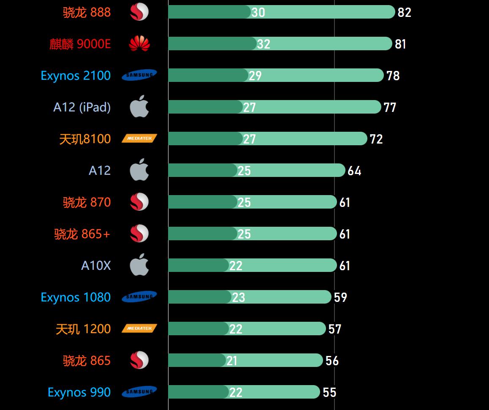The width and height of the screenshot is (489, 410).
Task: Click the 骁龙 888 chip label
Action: pos(87,12)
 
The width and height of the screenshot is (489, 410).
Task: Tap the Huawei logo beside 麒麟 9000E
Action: pos(139,43)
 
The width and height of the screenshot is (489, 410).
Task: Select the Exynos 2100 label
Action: pos(76,76)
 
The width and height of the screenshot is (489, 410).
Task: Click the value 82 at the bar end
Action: pos(404,12)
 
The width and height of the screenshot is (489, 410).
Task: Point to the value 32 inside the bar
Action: pos(264,44)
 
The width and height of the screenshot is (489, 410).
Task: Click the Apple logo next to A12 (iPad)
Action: pos(139,107)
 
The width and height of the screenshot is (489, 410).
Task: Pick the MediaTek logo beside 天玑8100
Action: pos(139,138)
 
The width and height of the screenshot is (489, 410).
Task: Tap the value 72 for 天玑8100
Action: pos(376,139)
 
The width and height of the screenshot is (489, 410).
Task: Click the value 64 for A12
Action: pos(354,171)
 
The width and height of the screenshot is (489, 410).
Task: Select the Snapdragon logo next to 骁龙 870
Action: pos(139,202)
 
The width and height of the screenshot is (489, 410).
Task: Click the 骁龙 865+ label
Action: pos(82,234)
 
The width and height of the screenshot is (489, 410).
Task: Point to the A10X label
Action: pos(96,266)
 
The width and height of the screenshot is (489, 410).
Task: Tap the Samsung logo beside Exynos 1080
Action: pos(139,297)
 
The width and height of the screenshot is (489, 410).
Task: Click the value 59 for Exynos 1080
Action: pos(340,297)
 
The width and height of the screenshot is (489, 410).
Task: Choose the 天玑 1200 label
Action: pos(83,329)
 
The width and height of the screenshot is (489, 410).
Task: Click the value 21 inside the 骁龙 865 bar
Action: pos(232,361)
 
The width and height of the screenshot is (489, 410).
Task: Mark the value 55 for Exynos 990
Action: pos(329,392)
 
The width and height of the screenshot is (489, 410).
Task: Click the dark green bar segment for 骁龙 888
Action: pos(209,12)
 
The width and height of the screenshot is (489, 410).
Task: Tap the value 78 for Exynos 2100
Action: pos(393,76)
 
